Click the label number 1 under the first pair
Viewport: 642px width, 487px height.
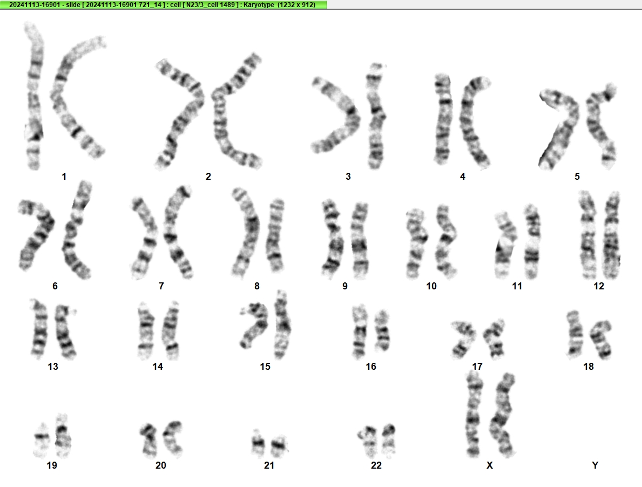[64, 177]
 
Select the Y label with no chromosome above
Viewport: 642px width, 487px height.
[595, 465]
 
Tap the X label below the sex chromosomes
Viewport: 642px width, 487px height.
[490, 465]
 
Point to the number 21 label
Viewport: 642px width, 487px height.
[269, 465]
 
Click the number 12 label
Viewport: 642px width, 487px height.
[599, 286]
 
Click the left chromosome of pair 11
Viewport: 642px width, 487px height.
[504, 245]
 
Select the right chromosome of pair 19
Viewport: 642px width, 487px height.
[63, 436]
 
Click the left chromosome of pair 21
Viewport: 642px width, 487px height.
[258, 443]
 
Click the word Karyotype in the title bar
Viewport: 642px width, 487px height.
[256, 5]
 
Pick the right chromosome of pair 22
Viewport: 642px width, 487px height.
[389, 441]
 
